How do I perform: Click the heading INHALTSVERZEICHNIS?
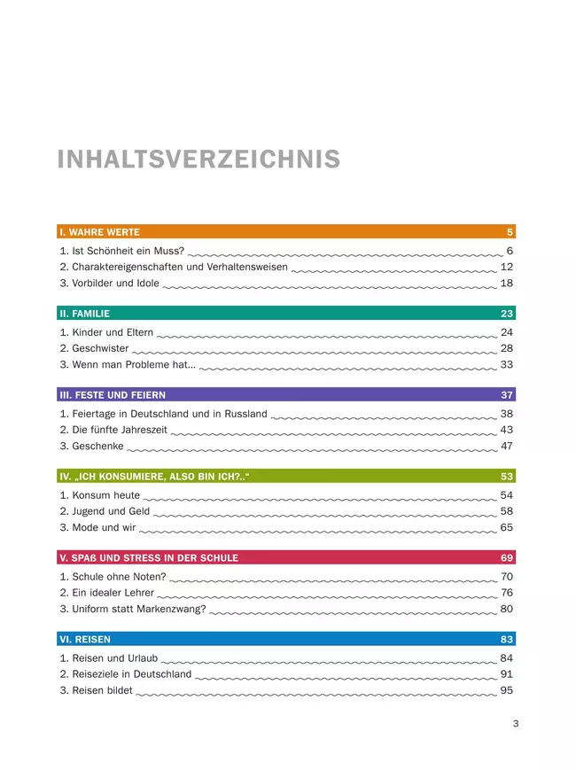pos(198,159)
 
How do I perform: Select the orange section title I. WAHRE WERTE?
pos(99,232)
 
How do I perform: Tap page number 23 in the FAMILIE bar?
pos(507,314)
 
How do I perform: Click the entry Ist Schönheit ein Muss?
pos(121,251)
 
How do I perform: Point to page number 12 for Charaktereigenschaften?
pos(507,267)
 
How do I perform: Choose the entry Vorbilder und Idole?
pos(110,284)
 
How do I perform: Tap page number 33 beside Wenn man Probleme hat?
pos(507,364)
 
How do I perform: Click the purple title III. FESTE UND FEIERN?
pos(113,395)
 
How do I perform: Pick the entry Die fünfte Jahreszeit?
pos(113,430)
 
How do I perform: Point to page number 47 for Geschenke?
pos(507,446)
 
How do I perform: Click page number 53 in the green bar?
pos(507,477)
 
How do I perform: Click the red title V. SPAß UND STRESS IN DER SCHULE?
pos(148,558)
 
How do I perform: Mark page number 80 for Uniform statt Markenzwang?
pos(507,609)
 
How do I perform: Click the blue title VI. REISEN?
pos(85,640)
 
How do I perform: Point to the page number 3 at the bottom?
pos(516,724)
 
